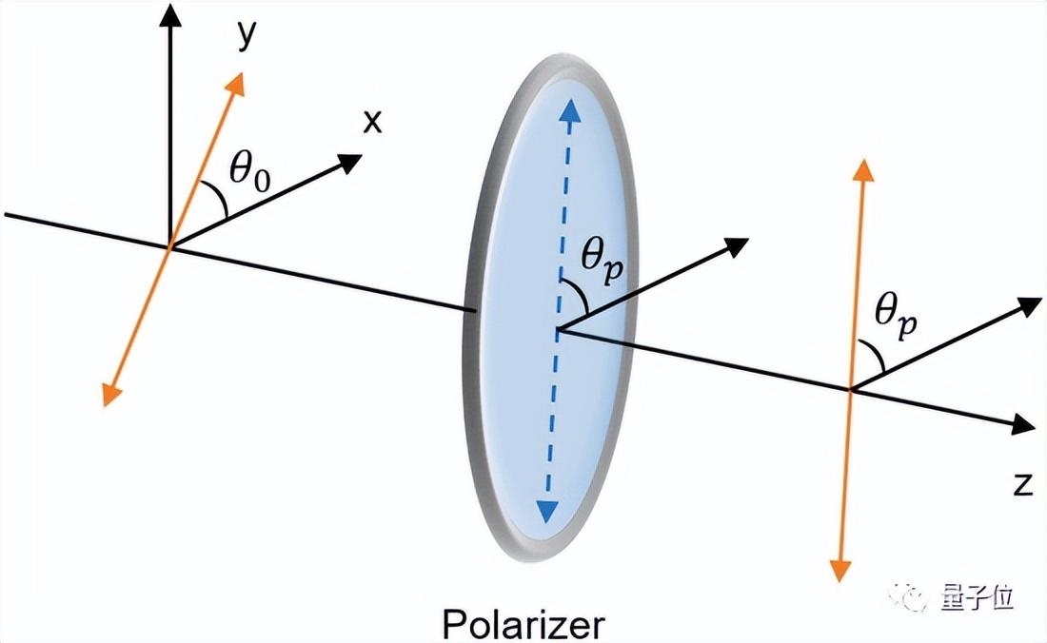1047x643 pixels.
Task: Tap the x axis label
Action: click(372, 121)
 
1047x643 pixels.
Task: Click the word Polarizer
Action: click(523, 624)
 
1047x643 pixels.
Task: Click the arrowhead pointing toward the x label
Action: click(350, 161)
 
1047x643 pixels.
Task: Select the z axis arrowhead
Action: click(1023, 426)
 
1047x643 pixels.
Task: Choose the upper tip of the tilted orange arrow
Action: click(236, 80)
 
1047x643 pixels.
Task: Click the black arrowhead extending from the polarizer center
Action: click(736, 244)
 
